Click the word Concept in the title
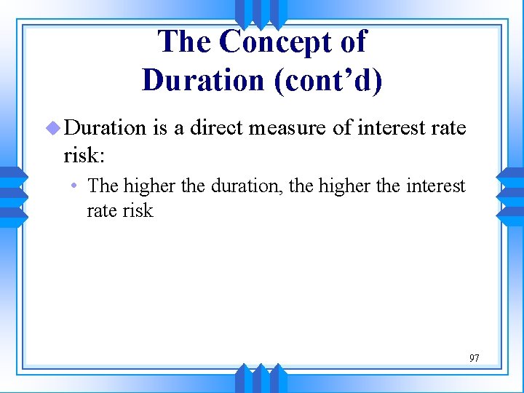point(268,42)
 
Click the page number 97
point(474,358)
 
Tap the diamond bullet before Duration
point(52,128)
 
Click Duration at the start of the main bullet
point(105,128)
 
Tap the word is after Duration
point(160,128)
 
